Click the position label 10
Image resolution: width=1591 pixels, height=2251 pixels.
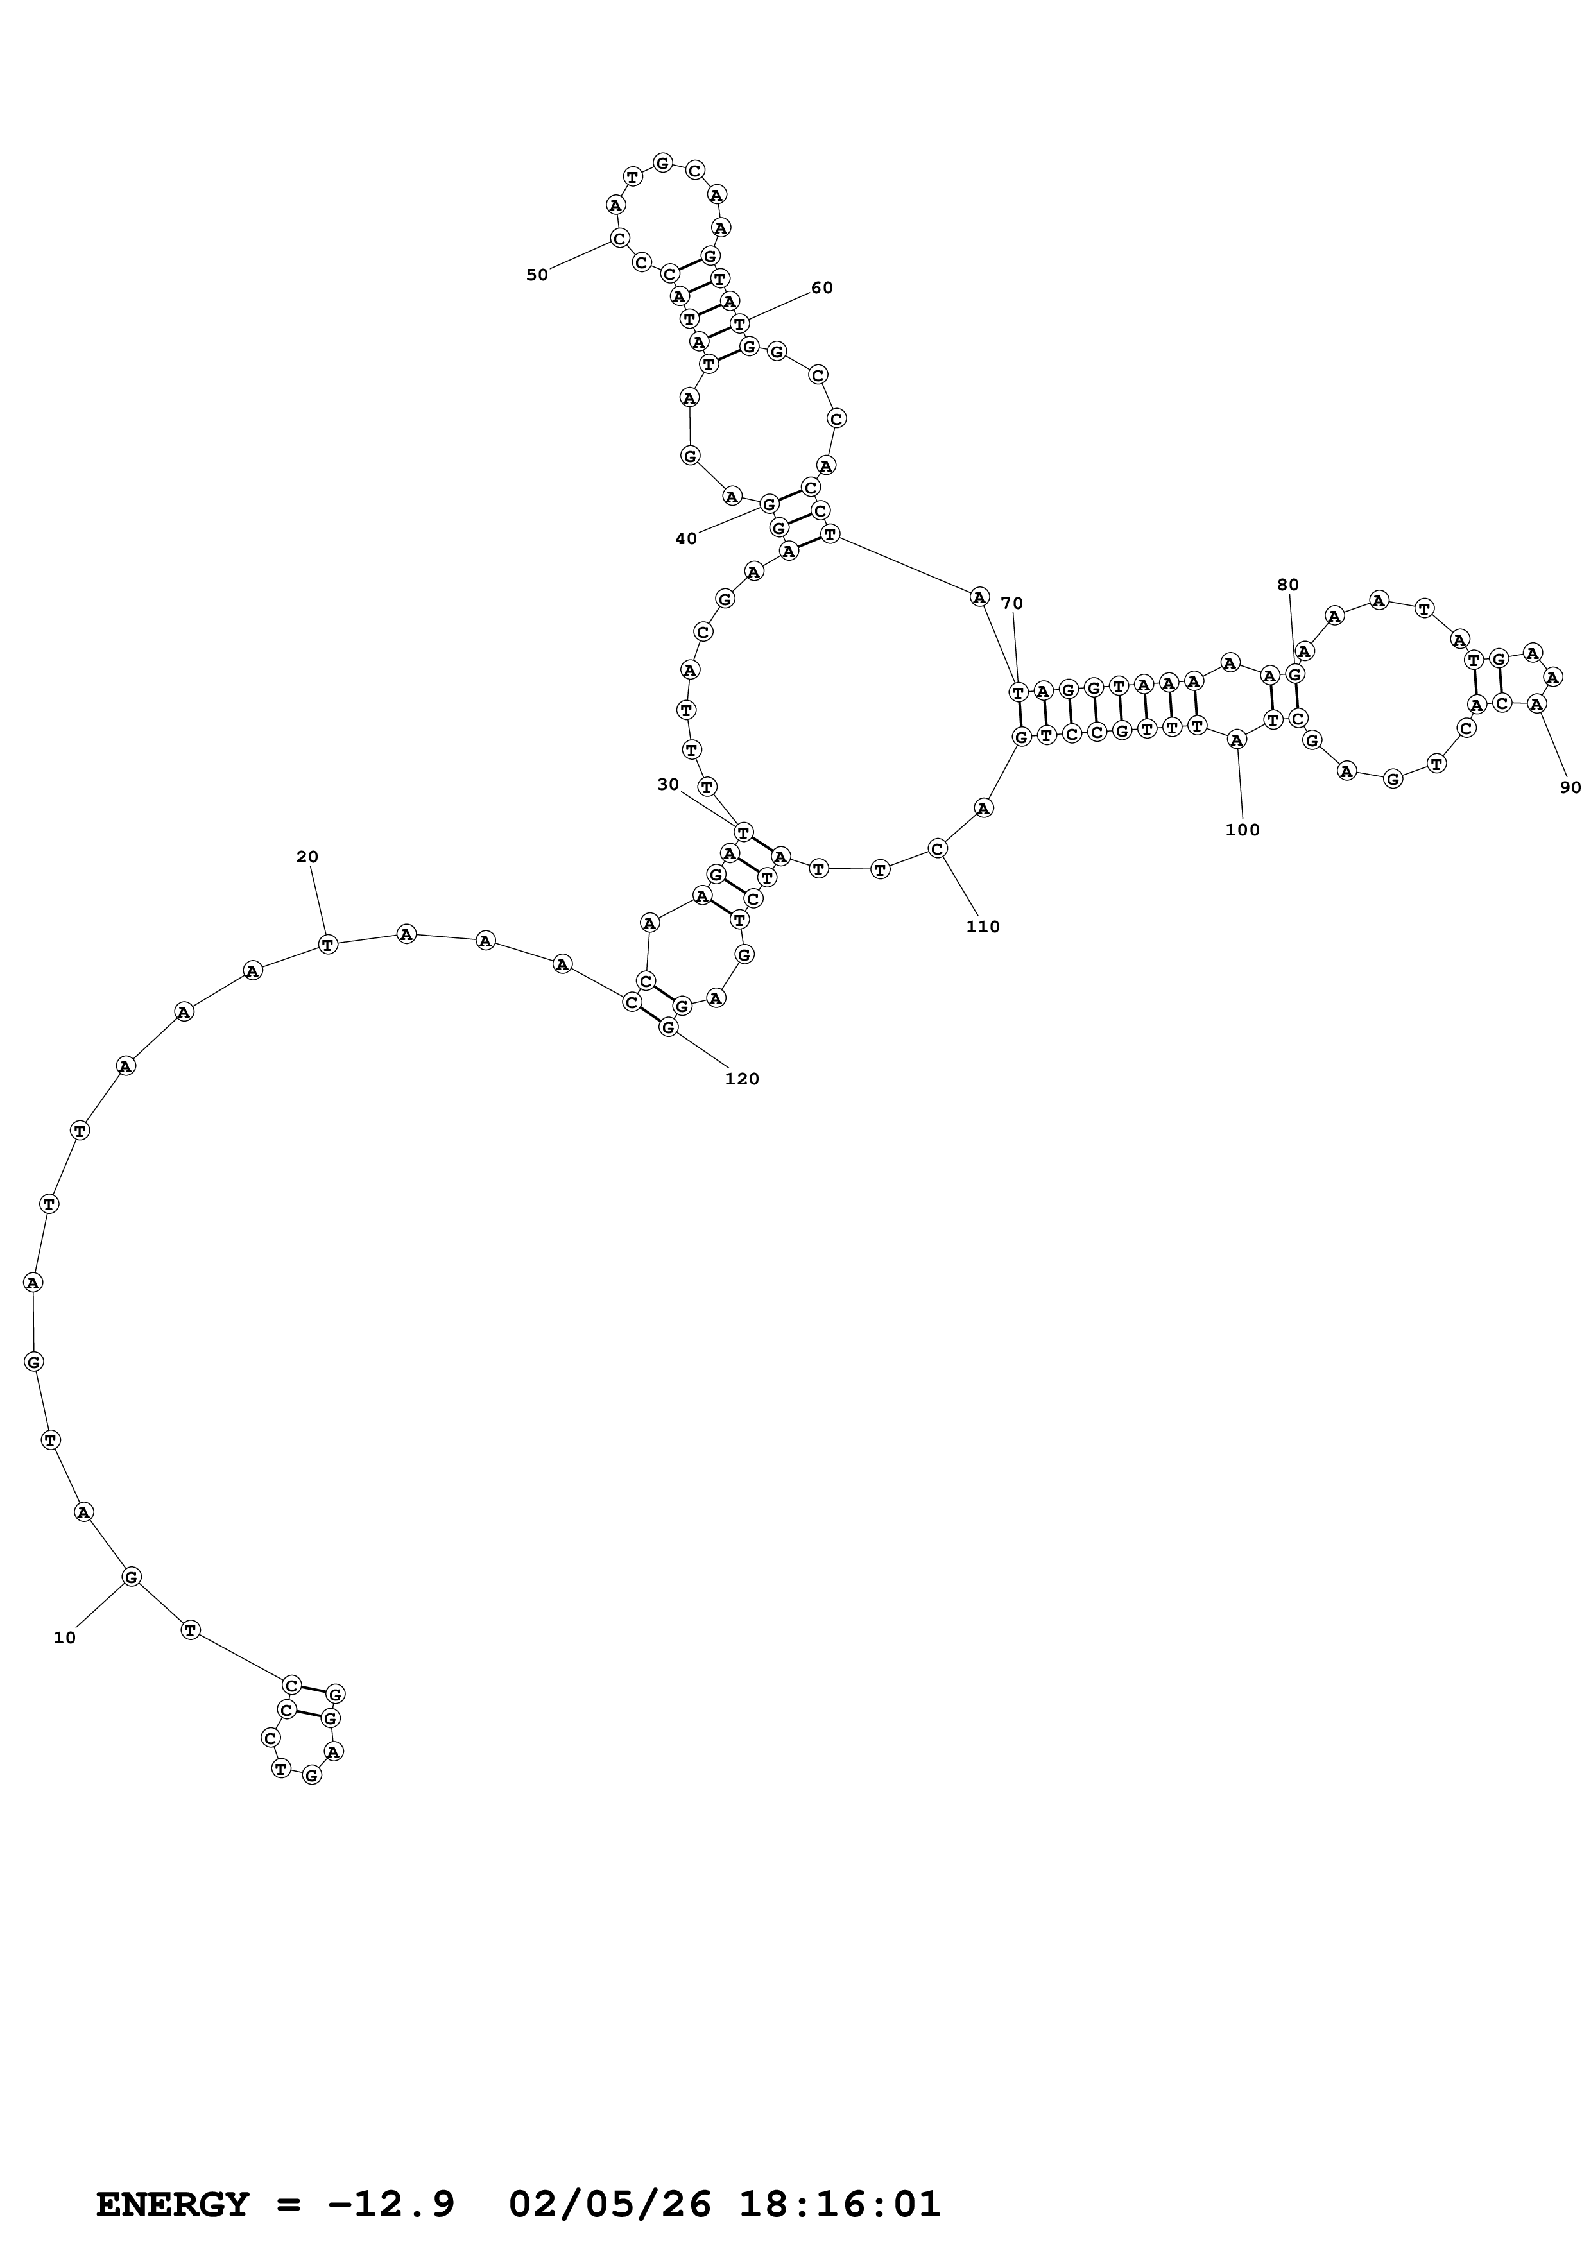[x=65, y=1638]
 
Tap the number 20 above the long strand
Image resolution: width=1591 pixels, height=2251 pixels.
[x=307, y=857]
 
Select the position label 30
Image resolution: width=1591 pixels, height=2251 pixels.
[x=667, y=784]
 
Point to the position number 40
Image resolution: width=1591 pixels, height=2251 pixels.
[x=686, y=538]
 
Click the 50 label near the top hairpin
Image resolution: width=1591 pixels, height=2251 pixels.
[x=537, y=275]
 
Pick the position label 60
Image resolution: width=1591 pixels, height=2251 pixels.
[x=821, y=288]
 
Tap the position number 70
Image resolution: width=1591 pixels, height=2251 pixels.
[x=1011, y=604]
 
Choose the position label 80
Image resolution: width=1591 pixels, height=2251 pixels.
[x=1287, y=585]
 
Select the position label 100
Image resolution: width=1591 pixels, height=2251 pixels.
[x=1242, y=830]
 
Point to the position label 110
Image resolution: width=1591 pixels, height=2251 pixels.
[x=982, y=927]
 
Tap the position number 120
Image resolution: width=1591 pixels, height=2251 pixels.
[x=741, y=1079]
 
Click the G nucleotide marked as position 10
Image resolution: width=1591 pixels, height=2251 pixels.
[x=132, y=1577]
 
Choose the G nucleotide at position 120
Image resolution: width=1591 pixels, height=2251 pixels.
[x=669, y=1027]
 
